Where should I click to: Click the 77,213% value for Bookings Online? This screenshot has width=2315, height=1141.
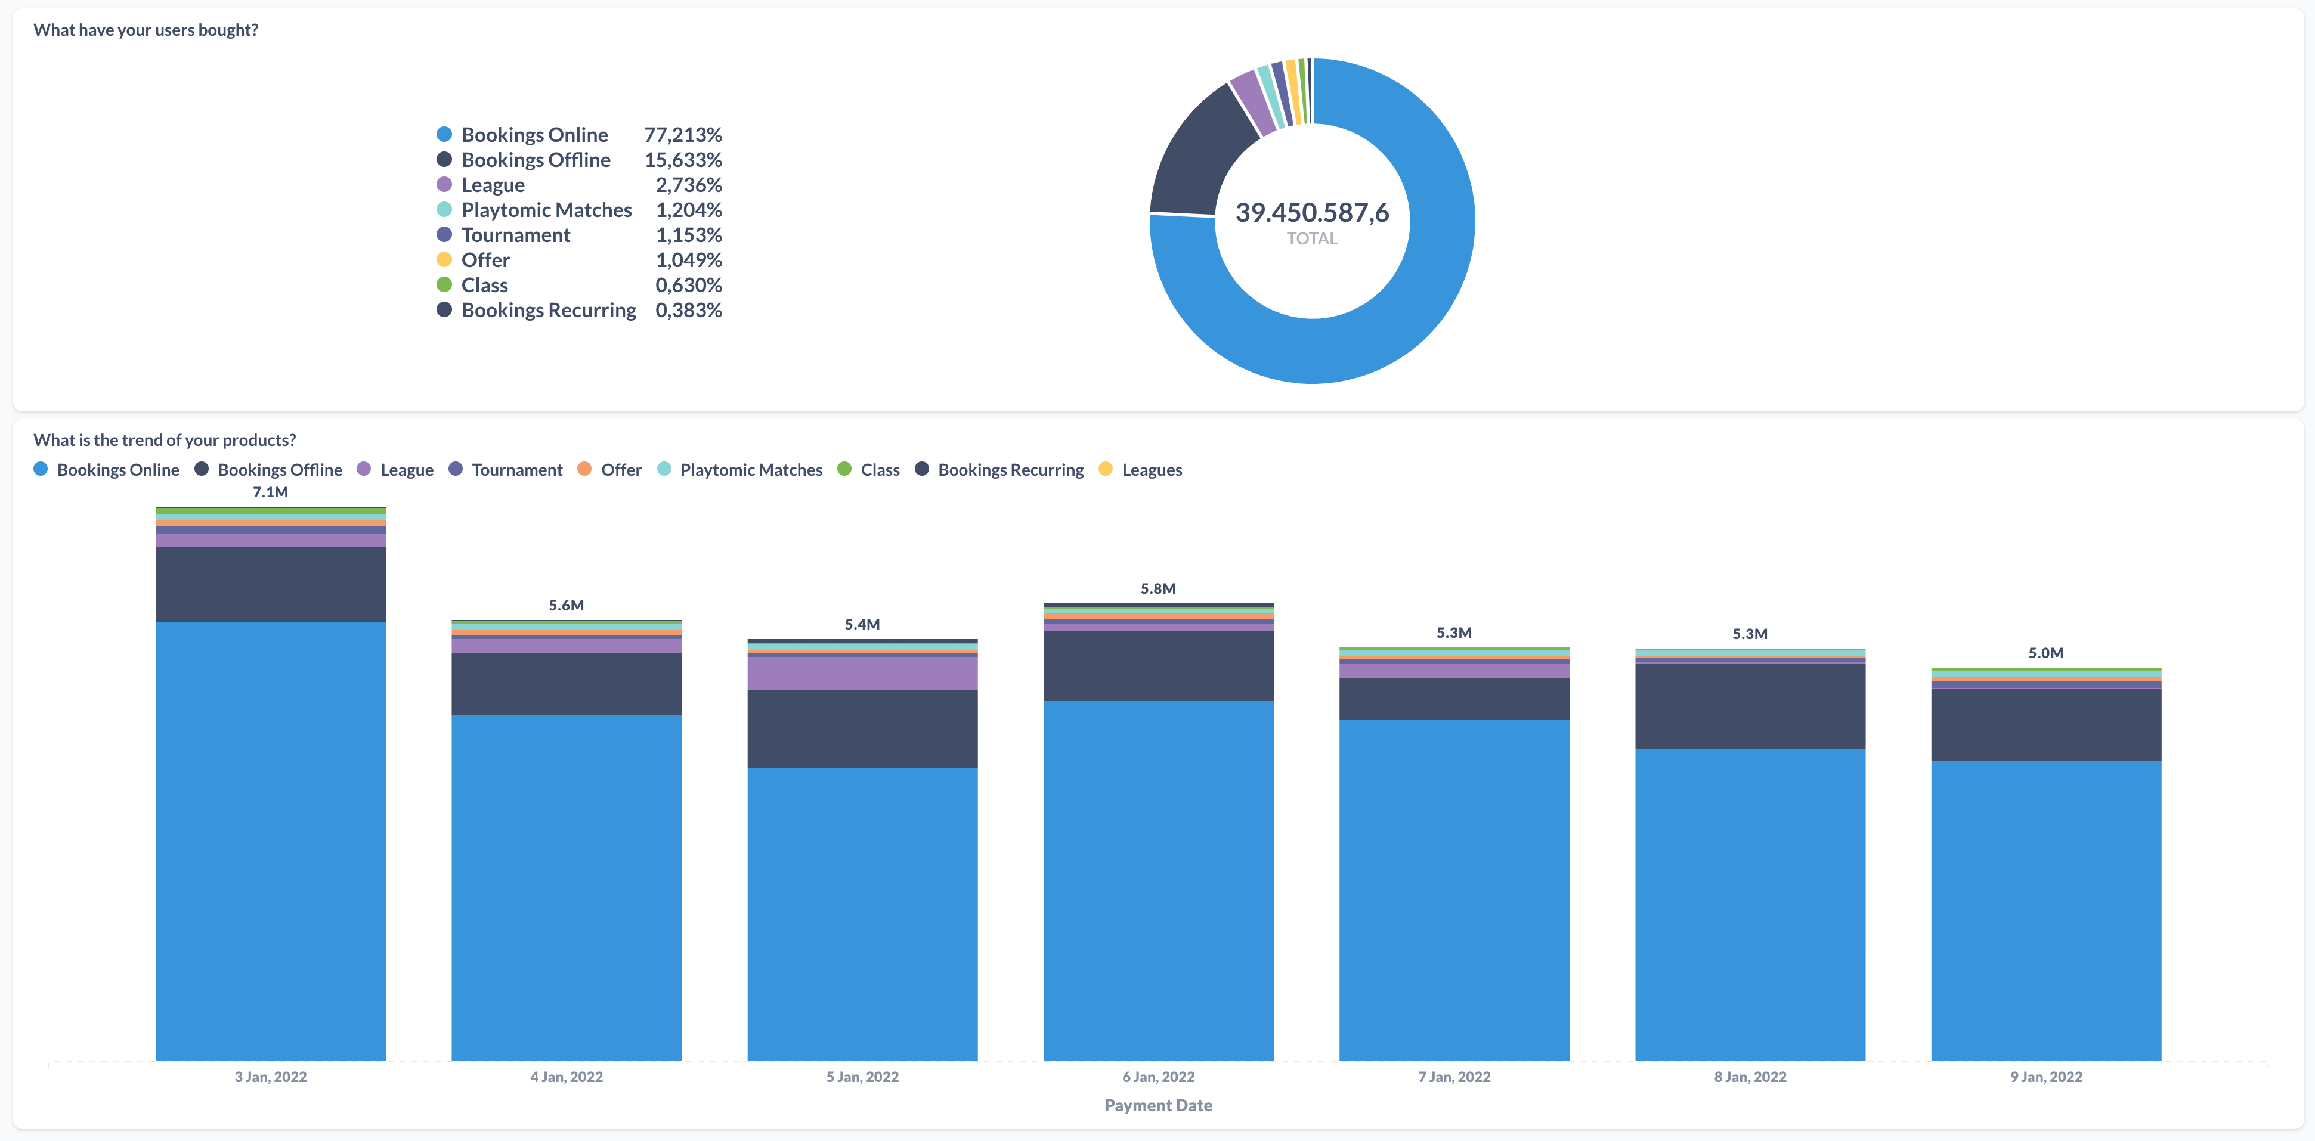point(682,135)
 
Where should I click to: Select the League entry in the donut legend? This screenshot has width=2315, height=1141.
point(493,185)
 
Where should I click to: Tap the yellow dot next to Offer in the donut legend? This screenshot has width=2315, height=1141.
point(444,260)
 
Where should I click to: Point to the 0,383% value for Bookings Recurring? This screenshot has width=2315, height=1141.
point(688,310)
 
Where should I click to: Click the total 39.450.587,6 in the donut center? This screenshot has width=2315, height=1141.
point(1311,213)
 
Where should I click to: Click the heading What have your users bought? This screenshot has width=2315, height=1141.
point(146,30)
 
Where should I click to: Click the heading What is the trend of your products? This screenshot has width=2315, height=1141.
point(165,440)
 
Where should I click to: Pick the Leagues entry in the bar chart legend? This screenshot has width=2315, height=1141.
point(1151,470)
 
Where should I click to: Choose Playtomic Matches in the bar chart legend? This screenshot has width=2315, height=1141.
point(750,470)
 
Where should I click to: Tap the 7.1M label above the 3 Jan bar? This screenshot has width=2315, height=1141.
point(270,492)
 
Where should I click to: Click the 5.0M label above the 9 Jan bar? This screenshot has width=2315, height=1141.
point(2045,653)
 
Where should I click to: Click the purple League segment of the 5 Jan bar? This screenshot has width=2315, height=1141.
point(862,674)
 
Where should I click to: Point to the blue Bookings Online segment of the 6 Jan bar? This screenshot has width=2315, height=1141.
point(1157,880)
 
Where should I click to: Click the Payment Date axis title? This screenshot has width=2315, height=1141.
point(1157,1106)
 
